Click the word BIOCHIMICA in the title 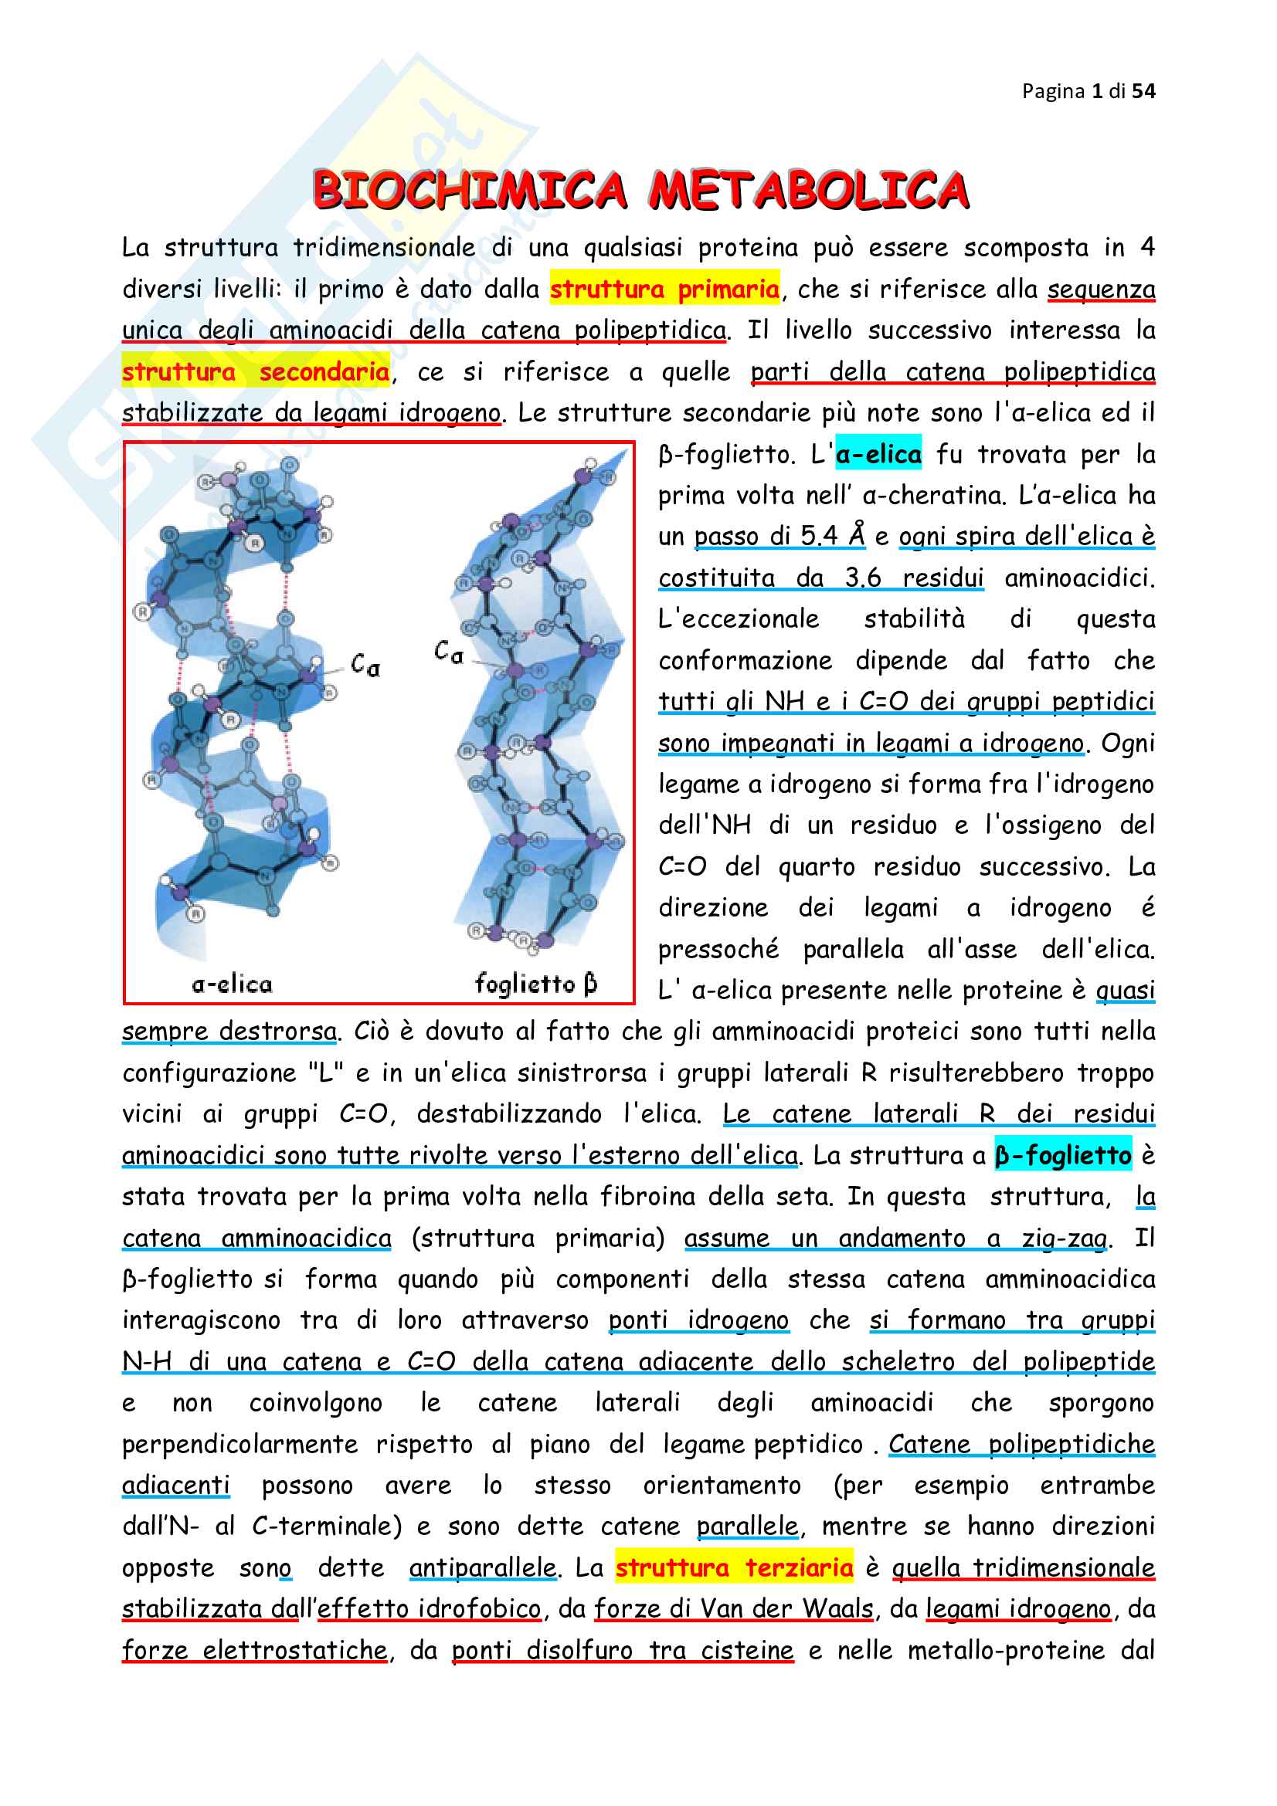470,191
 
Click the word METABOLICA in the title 808,191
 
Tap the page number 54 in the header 1143,91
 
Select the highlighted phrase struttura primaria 664,290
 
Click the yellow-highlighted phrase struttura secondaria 256,372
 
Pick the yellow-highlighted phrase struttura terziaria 733,1567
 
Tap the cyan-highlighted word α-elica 878,455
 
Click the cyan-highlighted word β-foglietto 1062,1156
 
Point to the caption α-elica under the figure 232,984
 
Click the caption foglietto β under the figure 536,984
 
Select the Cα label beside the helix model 365,666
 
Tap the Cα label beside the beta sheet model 449,652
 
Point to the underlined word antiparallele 482,1567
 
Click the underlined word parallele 748,1526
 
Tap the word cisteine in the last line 747,1649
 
